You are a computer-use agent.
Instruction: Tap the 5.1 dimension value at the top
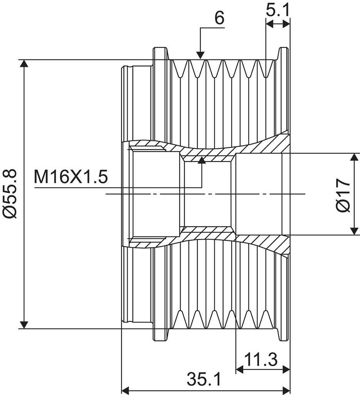[278, 11]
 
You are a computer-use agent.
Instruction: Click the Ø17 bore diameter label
[343, 195]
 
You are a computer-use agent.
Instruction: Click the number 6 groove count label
[219, 19]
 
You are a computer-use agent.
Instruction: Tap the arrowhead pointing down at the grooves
[200, 56]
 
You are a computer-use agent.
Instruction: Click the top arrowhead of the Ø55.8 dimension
[24, 64]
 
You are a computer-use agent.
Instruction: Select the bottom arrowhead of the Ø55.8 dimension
[24, 324]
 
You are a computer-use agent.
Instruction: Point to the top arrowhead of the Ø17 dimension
[354, 157]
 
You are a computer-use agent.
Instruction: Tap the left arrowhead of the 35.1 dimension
[126, 390]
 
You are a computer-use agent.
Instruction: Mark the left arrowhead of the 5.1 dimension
[270, 24]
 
